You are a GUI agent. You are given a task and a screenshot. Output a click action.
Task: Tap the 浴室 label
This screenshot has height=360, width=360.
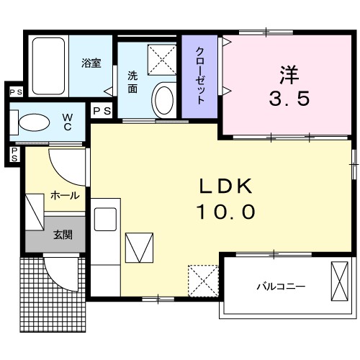[x=91, y=63]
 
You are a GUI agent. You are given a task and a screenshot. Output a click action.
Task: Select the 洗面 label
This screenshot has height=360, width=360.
[x=133, y=82]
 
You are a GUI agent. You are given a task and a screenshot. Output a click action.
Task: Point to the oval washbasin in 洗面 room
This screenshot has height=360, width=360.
[x=164, y=99]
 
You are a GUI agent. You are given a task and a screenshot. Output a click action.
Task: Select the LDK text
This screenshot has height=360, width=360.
[x=225, y=186]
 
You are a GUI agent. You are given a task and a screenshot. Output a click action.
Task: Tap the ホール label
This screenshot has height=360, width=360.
[x=65, y=195]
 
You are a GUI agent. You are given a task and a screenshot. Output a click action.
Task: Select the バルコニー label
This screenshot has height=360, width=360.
[x=281, y=286]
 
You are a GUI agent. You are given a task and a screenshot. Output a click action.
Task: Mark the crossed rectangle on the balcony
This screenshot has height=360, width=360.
[x=338, y=281]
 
